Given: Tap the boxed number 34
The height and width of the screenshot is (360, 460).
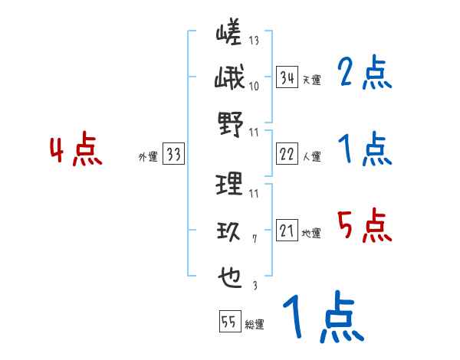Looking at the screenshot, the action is (x=287, y=77).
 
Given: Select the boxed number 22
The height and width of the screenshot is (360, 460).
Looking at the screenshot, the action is (x=287, y=154).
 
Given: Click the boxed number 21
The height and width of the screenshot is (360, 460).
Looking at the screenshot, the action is (x=287, y=231).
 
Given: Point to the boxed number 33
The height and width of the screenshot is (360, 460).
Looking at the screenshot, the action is (x=173, y=155).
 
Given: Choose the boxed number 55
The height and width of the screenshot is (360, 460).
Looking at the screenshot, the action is (x=229, y=322).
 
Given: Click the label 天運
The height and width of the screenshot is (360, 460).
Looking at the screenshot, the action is (x=311, y=80).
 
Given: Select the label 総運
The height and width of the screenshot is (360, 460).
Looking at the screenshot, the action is (x=255, y=325).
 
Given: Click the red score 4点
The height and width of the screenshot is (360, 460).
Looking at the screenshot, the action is (x=77, y=151).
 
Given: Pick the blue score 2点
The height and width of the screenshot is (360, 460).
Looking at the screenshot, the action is (x=364, y=74).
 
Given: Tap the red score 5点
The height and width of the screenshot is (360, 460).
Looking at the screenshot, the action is (x=364, y=226).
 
